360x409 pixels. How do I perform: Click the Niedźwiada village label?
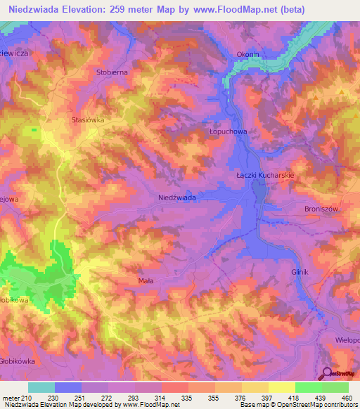[x=177, y=198]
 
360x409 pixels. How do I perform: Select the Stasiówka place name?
[x=88, y=120]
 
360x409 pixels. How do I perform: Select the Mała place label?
[x=146, y=280]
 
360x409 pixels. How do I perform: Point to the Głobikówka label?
[x=18, y=361]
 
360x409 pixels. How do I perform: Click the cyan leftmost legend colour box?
[x=41, y=387]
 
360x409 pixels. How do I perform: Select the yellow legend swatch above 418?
[x=281, y=387]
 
